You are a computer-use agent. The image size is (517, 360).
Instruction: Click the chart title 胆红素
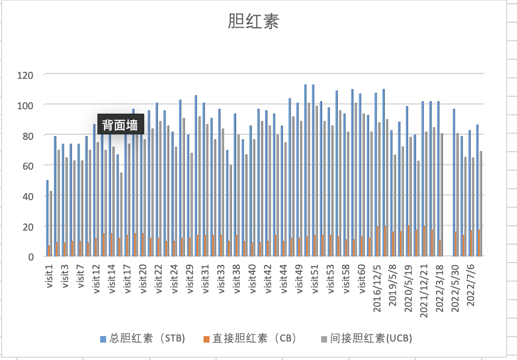click(253, 22)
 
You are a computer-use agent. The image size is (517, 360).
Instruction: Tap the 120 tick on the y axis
click(26, 75)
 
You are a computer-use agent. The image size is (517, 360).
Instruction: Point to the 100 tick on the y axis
click(26, 105)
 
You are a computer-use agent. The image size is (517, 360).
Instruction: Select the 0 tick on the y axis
click(30, 257)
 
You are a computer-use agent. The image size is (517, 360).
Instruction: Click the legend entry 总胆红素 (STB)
click(143, 338)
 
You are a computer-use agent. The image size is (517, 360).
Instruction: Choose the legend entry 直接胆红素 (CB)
click(250, 338)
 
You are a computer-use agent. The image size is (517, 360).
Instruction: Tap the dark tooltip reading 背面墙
click(120, 125)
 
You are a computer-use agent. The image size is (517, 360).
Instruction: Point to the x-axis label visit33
click(221, 278)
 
